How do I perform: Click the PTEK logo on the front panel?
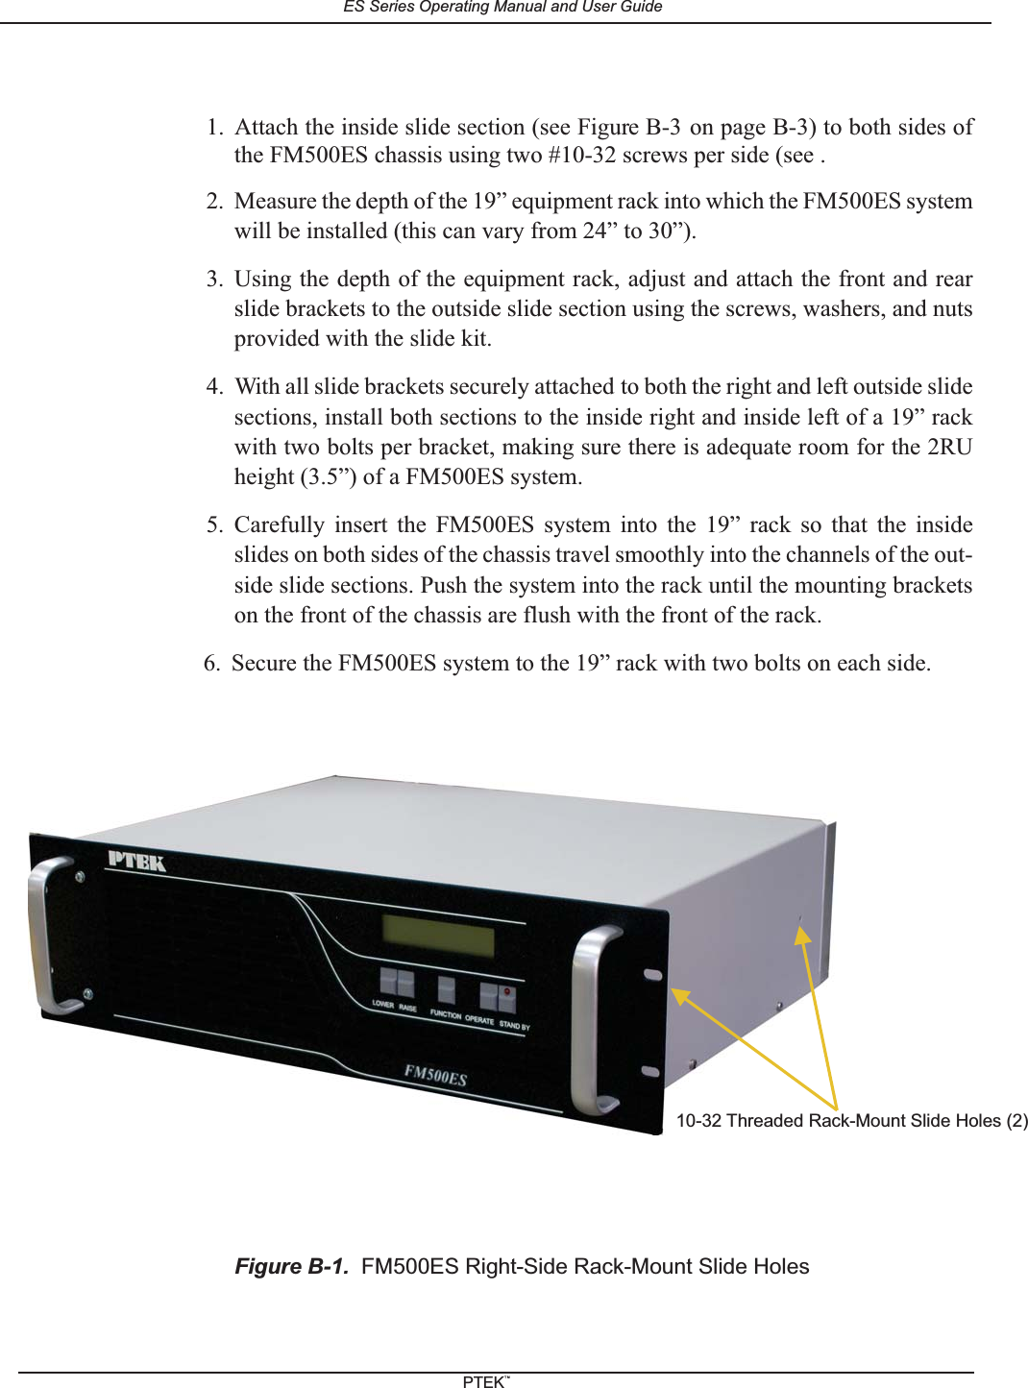(136, 861)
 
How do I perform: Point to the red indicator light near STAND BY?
(507, 992)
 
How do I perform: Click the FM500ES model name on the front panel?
(435, 1075)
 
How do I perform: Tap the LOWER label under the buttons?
(382, 1004)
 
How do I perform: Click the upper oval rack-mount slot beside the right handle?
(652, 974)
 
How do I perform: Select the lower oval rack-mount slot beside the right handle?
(650, 1071)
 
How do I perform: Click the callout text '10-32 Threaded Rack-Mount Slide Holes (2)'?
(851, 1121)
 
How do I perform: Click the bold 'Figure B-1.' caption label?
(291, 1266)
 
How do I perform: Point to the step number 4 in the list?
(213, 386)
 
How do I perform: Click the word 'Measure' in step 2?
(275, 201)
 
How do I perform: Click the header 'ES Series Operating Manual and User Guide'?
(502, 7)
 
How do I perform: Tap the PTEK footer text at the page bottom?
(484, 1381)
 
